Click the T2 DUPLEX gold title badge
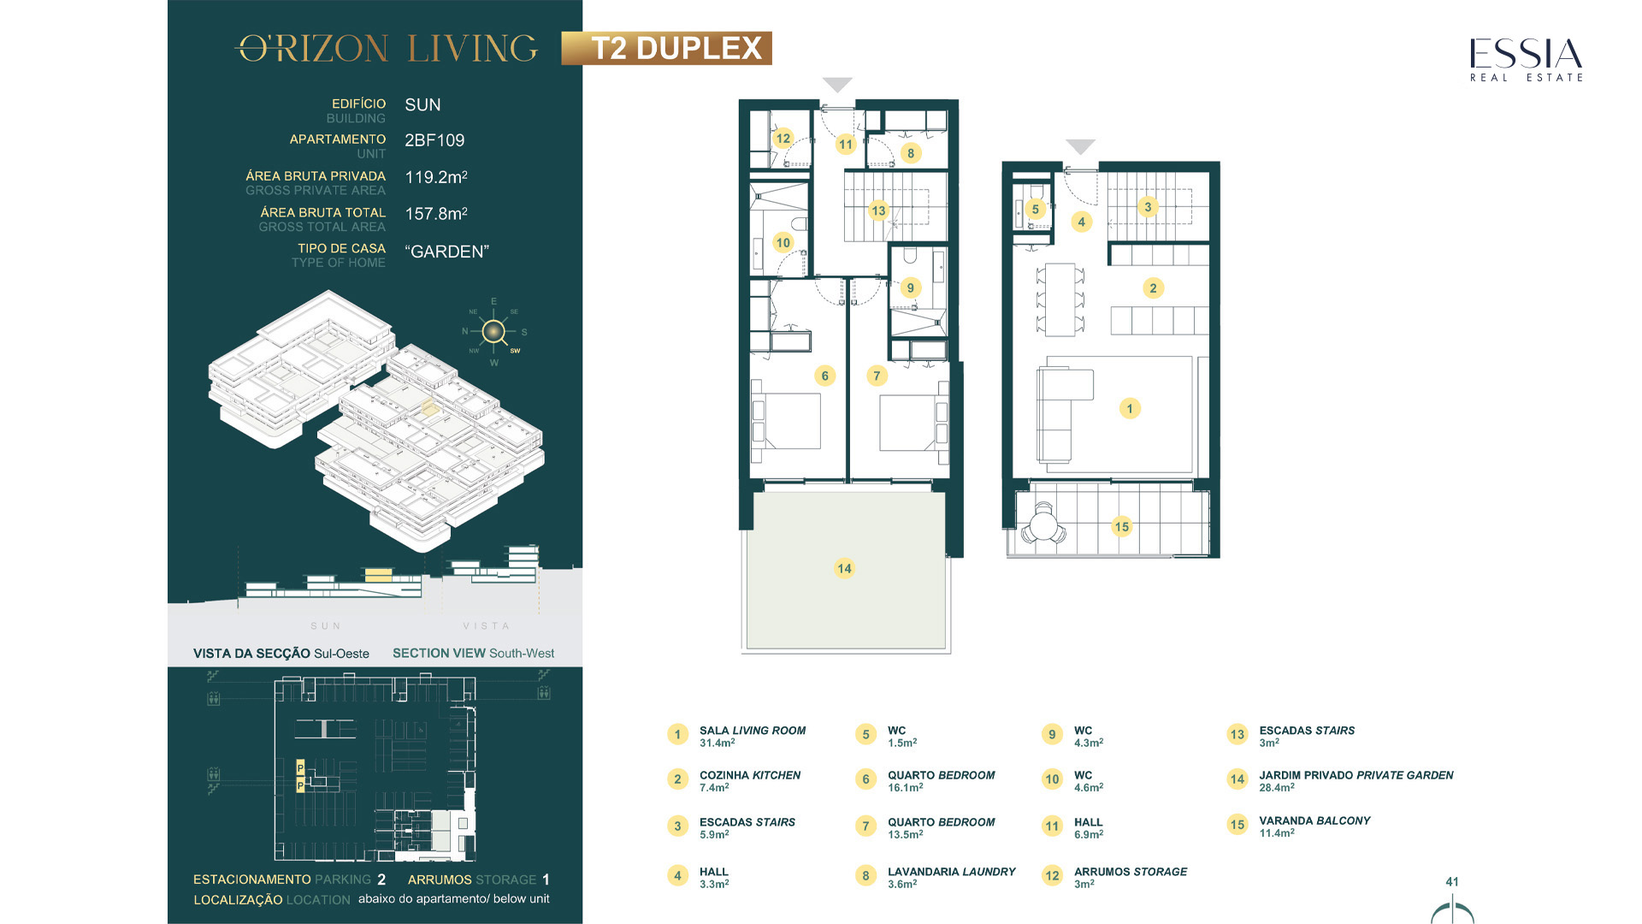coord(666,48)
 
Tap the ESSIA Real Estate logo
coord(1527,60)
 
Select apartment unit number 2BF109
coord(434,140)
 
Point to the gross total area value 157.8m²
coord(436,213)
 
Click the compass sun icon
coord(493,332)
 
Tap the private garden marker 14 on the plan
coord(844,568)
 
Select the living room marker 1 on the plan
coord(1130,408)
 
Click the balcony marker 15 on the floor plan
coord(1122,526)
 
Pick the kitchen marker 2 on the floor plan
coord(1153,288)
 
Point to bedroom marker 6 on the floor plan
coord(824,376)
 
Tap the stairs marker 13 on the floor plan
coord(878,210)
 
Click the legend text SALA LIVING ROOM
coord(753,731)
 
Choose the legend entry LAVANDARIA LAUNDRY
coord(951,872)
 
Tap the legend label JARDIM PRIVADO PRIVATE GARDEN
coord(1356,775)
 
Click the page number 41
coord(1452,881)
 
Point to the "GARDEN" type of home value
coord(446,252)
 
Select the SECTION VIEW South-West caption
coord(473,653)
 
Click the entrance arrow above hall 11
coord(837,85)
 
